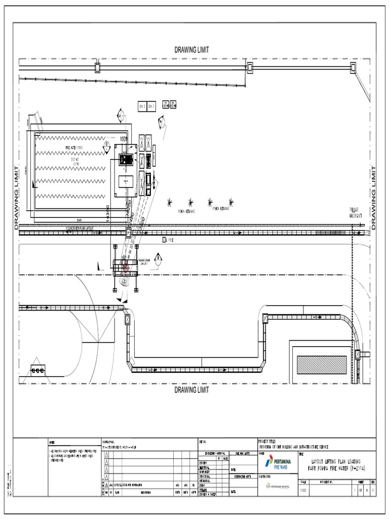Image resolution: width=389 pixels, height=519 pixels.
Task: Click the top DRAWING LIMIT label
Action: coord(192,50)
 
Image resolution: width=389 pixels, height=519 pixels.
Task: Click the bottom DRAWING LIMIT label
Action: coord(192,390)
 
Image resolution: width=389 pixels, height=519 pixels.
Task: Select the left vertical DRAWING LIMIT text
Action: coord(16,198)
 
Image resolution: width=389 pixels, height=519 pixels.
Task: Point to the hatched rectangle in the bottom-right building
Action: coord(322,364)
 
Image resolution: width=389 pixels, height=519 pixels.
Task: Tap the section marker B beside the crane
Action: coord(158,258)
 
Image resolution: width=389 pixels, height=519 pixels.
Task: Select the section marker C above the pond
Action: coord(120,115)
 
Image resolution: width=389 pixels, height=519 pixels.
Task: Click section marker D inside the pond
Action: coord(107,144)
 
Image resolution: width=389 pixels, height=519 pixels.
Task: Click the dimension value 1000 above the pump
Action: coord(124,138)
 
